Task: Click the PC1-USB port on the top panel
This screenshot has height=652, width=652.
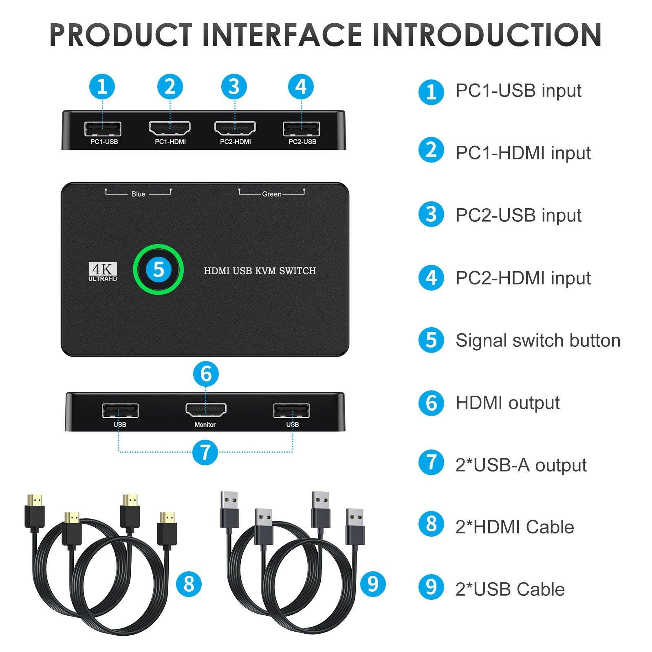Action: [102, 129]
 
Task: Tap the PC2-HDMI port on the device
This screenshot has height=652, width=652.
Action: [235, 128]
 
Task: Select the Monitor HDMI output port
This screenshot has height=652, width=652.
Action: [206, 410]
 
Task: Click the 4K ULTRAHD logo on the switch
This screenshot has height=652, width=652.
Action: [103, 272]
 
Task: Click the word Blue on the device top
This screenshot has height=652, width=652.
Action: [138, 194]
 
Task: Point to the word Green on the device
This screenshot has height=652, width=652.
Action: [271, 194]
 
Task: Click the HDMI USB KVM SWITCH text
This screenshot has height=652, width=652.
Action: [260, 271]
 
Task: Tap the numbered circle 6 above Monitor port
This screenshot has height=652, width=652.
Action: [206, 374]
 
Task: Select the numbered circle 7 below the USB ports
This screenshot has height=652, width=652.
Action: [205, 452]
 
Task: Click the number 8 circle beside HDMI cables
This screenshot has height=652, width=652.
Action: [189, 584]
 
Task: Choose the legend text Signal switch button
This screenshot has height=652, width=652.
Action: [537, 340]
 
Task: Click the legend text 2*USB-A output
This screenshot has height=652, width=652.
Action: [521, 465]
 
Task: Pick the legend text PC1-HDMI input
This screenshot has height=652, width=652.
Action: [523, 153]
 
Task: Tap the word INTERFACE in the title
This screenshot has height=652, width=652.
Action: [282, 35]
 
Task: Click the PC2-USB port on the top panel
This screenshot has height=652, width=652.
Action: [302, 129]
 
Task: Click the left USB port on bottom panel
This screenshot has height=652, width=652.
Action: [120, 411]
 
